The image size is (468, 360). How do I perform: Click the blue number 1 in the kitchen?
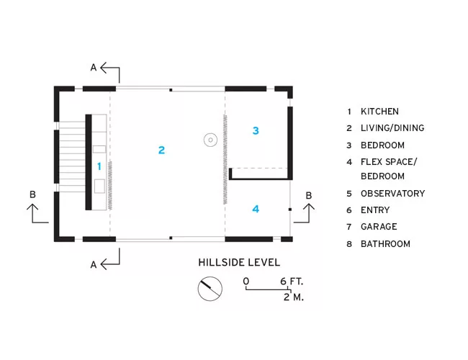[99, 166]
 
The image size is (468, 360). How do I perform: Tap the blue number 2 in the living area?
[161, 150]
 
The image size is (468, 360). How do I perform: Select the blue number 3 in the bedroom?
[256, 130]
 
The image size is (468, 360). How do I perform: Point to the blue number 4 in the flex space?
[256, 209]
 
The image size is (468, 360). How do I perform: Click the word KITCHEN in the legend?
[379, 112]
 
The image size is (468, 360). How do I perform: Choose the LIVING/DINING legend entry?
[392, 128]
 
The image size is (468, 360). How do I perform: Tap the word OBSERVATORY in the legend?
[393, 194]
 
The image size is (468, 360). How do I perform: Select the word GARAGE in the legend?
[379, 227]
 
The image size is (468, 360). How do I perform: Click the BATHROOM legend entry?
[385, 244]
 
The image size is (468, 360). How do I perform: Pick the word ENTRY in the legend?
[375, 210]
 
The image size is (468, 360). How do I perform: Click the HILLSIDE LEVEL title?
[239, 263]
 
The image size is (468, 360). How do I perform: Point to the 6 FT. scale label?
[292, 282]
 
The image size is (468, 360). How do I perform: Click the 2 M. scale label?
[294, 297]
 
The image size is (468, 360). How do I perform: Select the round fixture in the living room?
[210, 140]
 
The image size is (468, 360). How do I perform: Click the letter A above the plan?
[94, 68]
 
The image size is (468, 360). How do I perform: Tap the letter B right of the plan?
[309, 196]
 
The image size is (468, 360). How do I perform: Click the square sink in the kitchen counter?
[99, 186]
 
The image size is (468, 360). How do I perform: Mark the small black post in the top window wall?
[171, 90]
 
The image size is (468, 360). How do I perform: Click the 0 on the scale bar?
[246, 282]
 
